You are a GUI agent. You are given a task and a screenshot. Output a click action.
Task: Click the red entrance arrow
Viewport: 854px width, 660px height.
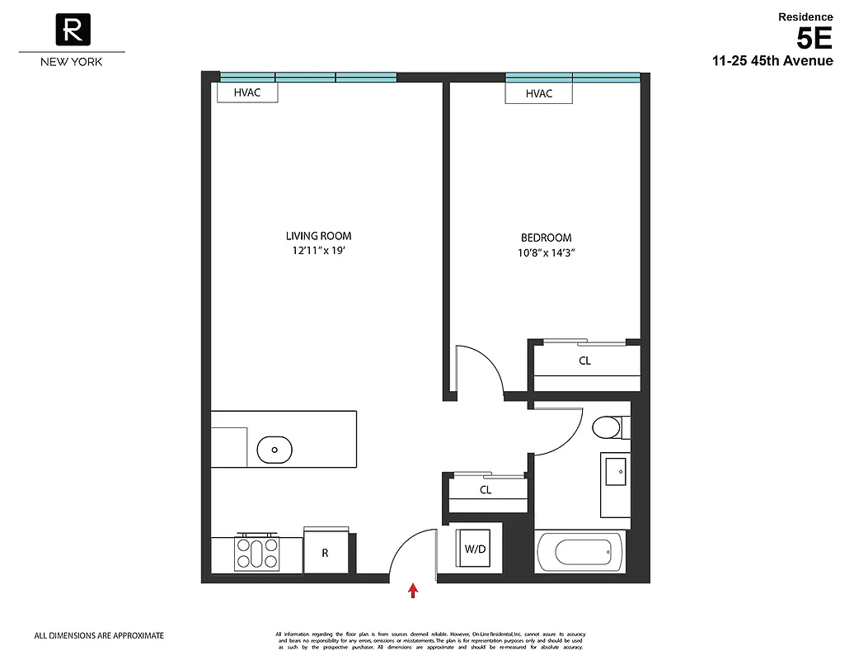coord(413,590)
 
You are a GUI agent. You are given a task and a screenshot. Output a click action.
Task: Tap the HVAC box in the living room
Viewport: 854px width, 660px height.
coord(247,92)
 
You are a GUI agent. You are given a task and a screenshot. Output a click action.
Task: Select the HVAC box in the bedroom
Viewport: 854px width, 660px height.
coord(539,94)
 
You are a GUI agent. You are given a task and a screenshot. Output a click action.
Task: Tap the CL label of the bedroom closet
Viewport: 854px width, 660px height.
coord(584,361)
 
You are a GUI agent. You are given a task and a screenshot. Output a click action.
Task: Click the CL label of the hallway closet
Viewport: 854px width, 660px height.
coord(486,490)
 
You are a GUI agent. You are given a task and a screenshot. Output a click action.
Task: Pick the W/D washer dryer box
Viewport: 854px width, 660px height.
coord(475,548)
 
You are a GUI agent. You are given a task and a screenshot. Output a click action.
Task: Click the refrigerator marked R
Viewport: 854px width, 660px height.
coord(325,553)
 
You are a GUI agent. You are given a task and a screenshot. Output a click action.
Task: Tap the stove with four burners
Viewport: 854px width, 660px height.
coord(257,553)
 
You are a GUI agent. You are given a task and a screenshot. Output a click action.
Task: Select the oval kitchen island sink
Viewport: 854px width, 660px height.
coord(274,450)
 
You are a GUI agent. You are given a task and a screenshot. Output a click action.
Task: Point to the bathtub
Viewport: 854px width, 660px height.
coord(579,550)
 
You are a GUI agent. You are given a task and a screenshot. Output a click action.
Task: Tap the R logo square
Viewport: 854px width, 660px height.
coord(73,31)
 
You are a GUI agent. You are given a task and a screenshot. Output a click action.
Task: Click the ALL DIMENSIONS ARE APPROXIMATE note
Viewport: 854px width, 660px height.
coord(99,636)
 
